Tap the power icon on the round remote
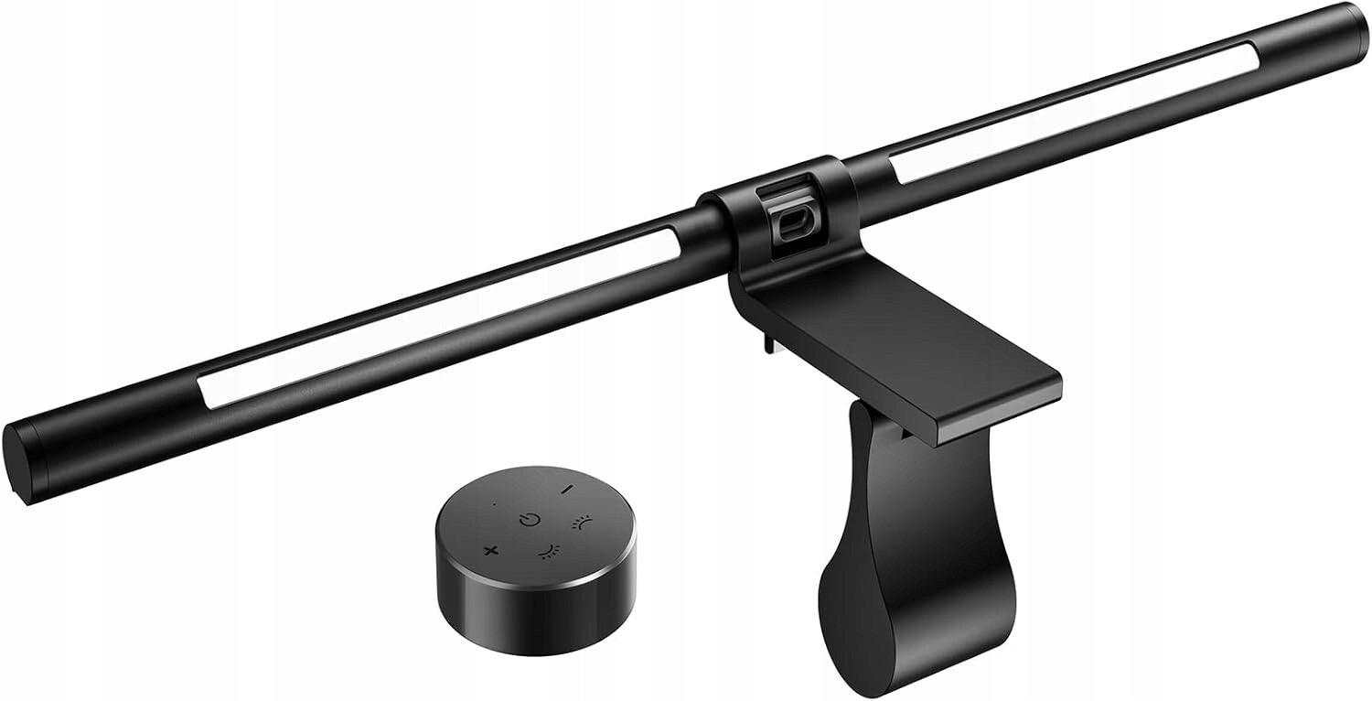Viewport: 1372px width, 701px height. pos(529,520)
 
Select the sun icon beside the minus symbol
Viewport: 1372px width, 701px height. pos(580,523)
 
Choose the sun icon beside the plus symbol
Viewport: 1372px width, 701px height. pos(547,551)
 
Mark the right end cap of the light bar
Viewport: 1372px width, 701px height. pos(1351,25)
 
